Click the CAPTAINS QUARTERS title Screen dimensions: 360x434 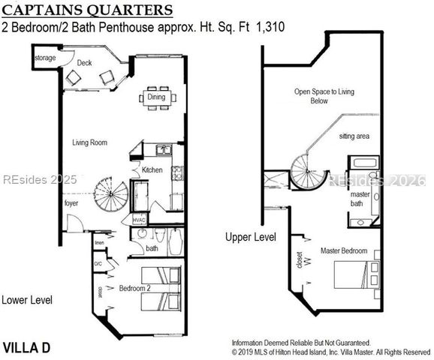pos(90,10)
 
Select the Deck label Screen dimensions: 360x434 pos(85,63)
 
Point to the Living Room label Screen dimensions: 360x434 pos(90,142)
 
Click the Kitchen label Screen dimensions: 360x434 pos(152,170)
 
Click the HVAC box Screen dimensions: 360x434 pos(139,220)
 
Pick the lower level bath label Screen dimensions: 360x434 pos(151,248)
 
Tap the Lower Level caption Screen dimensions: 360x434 pos(26,300)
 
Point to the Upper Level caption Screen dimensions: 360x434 pos(251,237)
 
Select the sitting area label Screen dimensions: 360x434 pos(354,136)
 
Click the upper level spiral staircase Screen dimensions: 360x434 pos(308,172)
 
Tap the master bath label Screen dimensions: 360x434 pos(360,199)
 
